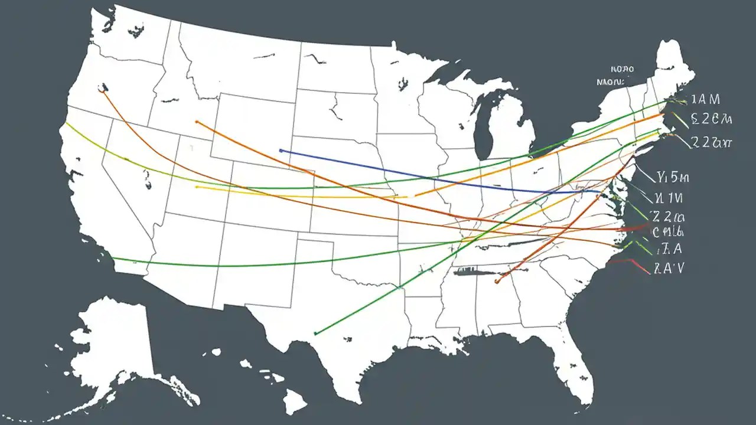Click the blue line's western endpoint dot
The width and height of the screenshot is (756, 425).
(281, 151)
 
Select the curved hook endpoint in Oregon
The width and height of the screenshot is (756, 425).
(103, 90)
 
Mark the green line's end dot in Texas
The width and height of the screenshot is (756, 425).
(316, 334)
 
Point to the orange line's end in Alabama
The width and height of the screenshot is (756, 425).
(497, 282)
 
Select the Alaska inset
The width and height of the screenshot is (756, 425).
(112, 348)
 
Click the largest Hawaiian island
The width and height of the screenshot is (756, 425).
(294, 403)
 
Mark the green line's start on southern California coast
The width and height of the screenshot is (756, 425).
(112, 259)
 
